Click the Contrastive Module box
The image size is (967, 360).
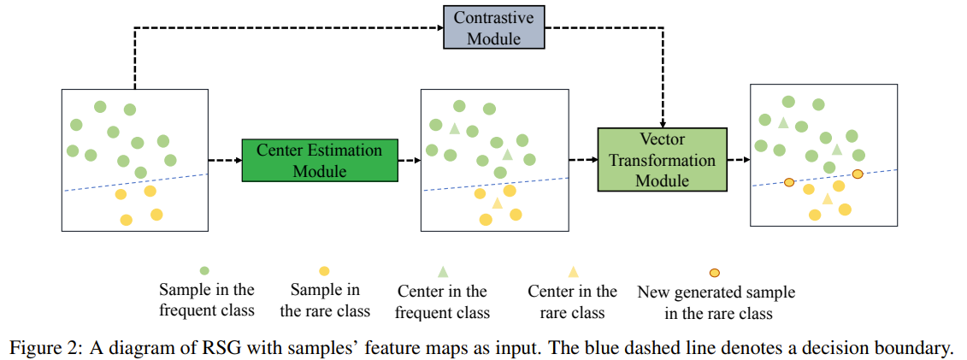[493, 27]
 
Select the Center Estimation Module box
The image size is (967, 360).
[320, 161]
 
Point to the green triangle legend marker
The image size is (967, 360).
[442, 271]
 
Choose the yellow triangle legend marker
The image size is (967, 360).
[573, 271]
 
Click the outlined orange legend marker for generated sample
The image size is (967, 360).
[715, 273]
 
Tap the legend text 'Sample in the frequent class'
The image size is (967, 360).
[206, 300]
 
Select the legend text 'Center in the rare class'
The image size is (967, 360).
[572, 302]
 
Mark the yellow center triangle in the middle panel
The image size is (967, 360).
[498, 204]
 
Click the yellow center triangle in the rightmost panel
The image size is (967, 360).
[827, 198]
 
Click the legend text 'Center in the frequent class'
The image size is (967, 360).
[442, 302]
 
